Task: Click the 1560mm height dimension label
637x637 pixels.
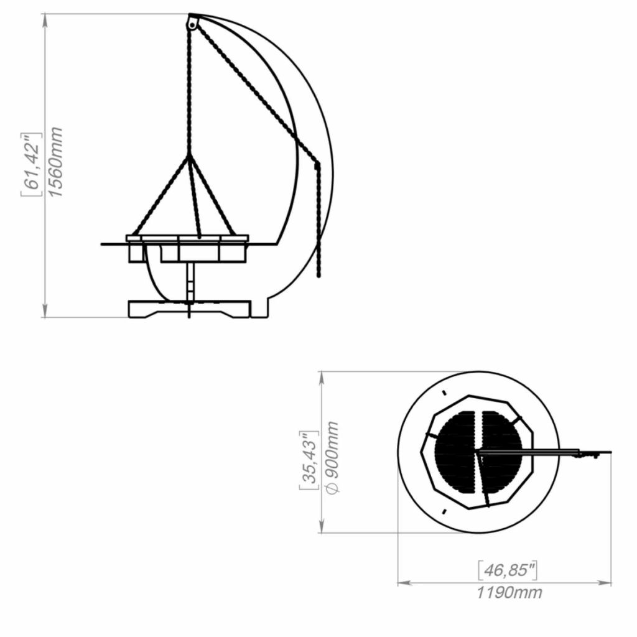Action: pyautogui.click(x=55, y=162)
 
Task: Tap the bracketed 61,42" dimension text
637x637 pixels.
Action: pyautogui.click(x=32, y=164)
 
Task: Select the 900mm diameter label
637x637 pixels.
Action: pyautogui.click(x=332, y=458)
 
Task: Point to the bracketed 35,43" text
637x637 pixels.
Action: pyautogui.click(x=309, y=460)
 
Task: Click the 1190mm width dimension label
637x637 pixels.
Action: pyautogui.click(x=509, y=593)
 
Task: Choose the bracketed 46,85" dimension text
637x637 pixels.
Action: pyautogui.click(x=508, y=570)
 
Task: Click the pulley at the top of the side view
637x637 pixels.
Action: pyautogui.click(x=192, y=24)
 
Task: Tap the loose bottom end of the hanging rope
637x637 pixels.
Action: pyautogui.click(x=318, y=276)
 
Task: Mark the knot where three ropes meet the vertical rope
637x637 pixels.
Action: pyautogui.click(x=189, y=156)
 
